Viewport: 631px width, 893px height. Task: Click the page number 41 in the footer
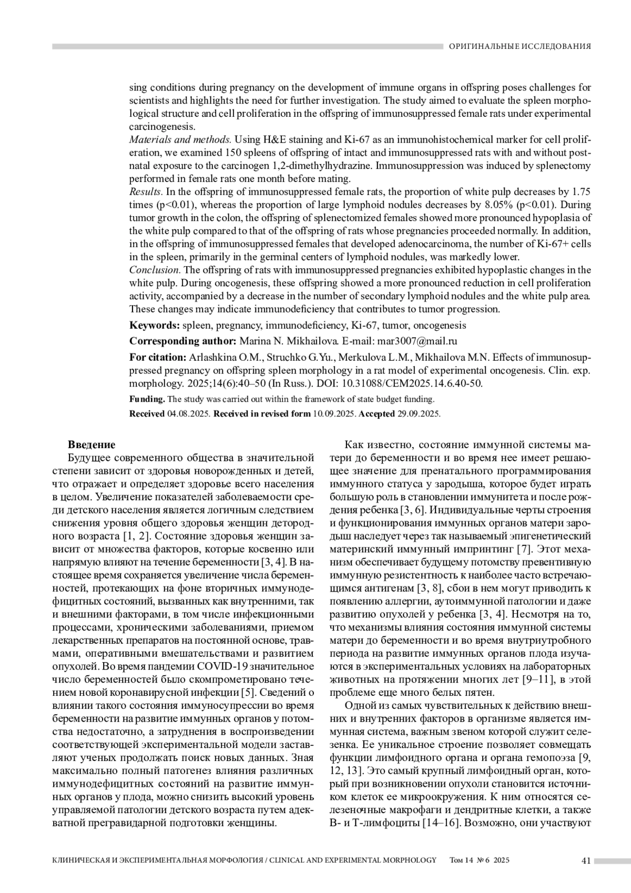[586, 860]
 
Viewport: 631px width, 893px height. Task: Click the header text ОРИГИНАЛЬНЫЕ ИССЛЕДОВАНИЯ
[520, 46]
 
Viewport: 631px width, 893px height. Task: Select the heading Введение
[91, 444]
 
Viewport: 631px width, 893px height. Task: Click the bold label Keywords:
[155, 326]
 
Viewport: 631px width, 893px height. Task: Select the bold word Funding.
[147, 399]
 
